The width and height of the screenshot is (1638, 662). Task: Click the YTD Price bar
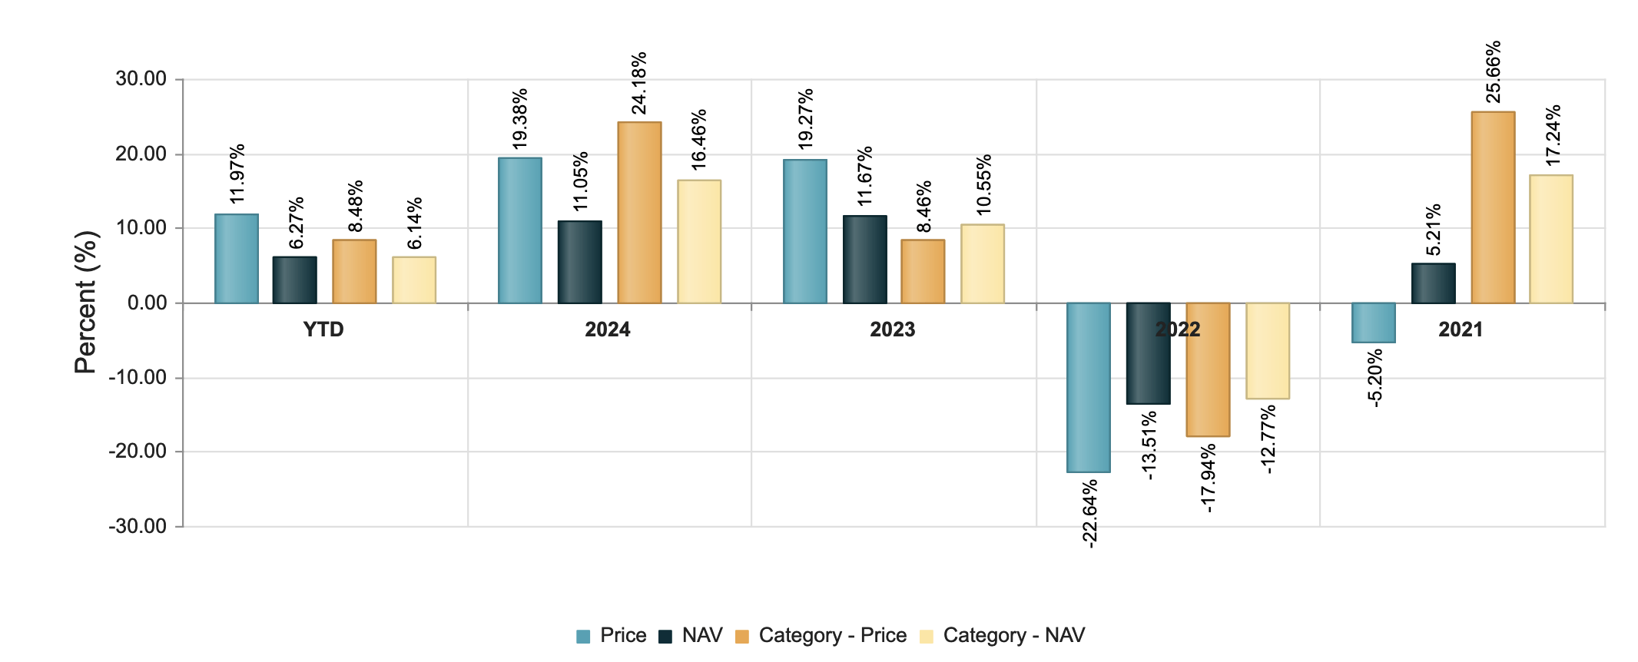click(x=236, y=259)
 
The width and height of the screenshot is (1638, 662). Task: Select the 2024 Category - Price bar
click(x=638, y=213)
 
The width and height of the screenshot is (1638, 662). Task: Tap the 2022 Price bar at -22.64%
click(x=1088, y=387)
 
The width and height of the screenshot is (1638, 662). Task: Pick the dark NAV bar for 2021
click(x=1433, y=283)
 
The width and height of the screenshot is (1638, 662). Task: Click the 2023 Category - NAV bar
click(x=982, y=264)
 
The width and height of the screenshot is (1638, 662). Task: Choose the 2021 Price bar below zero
click(x=1373, y=323)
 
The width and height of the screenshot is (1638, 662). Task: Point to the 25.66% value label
click(x=1493, y=72)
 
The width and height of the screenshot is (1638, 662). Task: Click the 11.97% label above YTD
click(x=237, y=174)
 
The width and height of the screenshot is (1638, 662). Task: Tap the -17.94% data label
click(x=1208, y=478)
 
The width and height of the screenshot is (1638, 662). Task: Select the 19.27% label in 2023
click(x=805, y=119)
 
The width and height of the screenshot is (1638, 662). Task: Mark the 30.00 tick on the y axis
click(x=141, y=79)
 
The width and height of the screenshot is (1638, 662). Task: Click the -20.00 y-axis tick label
click(x=138, y=452)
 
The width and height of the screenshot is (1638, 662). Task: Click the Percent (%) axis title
click(x=87, y=303)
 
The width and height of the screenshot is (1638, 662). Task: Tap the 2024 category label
click(x=607, y=329)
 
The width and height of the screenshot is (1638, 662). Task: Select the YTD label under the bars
click(x=323, y=329)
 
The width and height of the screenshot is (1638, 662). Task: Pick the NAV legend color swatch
click(x=665, y=637)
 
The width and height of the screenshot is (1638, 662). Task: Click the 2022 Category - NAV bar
click(x=1267, y=351)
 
